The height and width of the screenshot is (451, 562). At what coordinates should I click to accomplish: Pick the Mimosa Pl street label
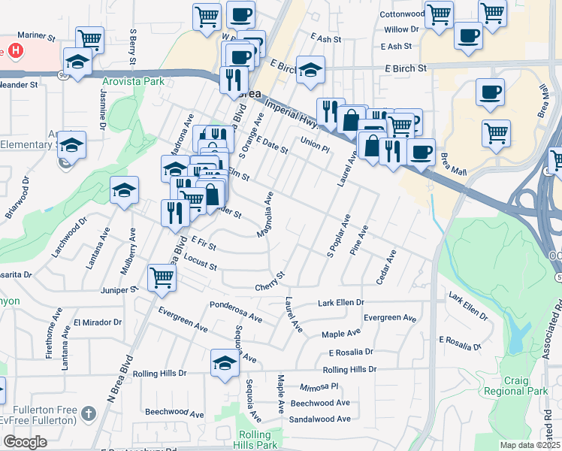319,386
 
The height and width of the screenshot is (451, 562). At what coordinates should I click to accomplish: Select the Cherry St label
270,282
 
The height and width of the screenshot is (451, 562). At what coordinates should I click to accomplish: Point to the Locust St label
200,262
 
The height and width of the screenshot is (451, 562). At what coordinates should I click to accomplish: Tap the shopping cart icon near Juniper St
162,278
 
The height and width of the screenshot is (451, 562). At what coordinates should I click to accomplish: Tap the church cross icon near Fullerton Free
89,413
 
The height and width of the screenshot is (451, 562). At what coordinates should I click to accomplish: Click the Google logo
25,442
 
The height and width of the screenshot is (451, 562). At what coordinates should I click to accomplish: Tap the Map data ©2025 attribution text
530,445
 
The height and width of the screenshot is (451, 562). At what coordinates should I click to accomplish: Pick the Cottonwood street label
402,14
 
